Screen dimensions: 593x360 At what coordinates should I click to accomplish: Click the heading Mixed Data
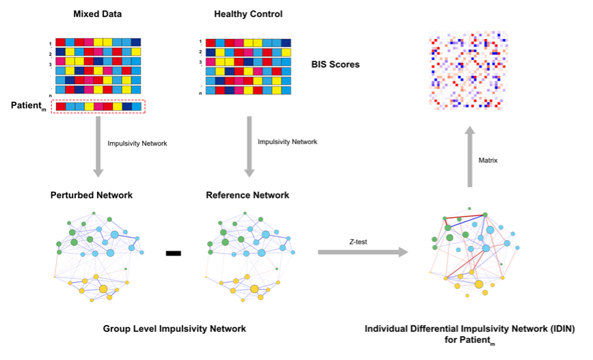point(97,14)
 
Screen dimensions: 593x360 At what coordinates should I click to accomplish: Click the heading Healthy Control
point(248,14)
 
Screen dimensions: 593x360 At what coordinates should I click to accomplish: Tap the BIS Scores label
point(335,64)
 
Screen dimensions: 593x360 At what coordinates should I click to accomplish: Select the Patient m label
point(29,106)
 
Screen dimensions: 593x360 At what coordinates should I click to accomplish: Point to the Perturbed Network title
point(92,195)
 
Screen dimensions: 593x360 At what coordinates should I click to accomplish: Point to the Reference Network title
point(247,195)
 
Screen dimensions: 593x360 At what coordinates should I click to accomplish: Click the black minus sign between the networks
point(174,253)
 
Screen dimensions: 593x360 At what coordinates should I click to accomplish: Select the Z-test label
point(358,242)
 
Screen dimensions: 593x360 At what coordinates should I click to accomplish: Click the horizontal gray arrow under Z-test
point(363,252)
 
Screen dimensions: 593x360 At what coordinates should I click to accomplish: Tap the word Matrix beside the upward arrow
point(488,161)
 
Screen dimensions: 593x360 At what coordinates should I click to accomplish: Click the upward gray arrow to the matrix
point(470,156)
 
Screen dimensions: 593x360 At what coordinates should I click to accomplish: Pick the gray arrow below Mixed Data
point(98,147)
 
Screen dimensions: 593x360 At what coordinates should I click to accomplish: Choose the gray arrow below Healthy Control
point(249,147)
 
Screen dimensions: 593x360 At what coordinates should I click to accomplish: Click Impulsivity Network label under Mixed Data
point(137,143)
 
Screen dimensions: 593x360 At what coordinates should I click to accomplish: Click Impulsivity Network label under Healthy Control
point(288,142)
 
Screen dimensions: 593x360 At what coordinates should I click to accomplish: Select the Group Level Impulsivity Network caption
point(174,329)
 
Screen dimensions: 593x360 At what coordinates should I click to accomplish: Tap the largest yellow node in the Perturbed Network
point(103,289)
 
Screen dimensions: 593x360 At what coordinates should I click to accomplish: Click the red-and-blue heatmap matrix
point(468,71)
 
